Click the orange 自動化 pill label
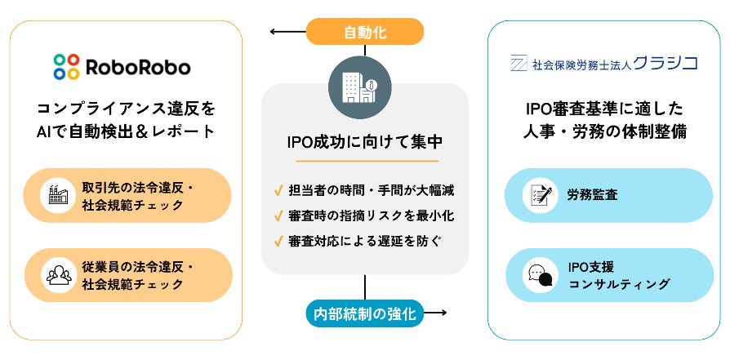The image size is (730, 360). point(365,33)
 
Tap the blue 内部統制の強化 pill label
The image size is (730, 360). point(364,313)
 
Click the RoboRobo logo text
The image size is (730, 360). point(140,64)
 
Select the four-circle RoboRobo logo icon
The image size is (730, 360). point(66,64)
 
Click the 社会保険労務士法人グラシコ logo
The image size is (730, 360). point(603,63)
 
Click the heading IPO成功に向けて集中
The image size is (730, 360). point(365,142)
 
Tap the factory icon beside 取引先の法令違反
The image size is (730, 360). point(59,195)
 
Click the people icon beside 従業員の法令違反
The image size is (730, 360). point(59,275)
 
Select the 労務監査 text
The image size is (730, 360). point(592,195)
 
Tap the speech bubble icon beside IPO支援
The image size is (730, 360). point(538,275)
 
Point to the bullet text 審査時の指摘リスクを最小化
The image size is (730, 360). point(372,216)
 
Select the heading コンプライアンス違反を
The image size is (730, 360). point(126,108)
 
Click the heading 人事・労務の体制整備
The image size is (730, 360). point(604,130)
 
